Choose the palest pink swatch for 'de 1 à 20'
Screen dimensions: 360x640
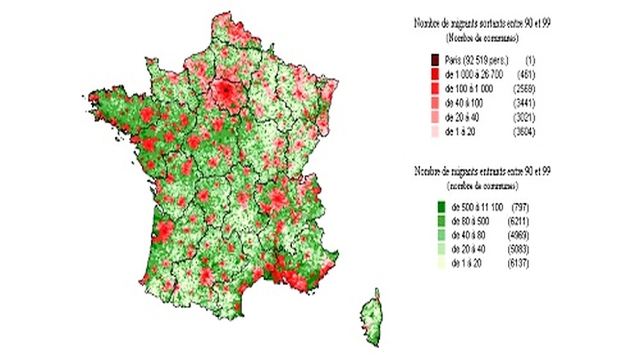pos(435,131)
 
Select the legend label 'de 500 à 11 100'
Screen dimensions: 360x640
pos(476,206)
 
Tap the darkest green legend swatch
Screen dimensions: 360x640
pos(441,206)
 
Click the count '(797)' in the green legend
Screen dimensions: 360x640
pos(519,206)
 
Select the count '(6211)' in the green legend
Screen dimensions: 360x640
pos(519,220)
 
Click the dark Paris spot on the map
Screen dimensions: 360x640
pos(226,91)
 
